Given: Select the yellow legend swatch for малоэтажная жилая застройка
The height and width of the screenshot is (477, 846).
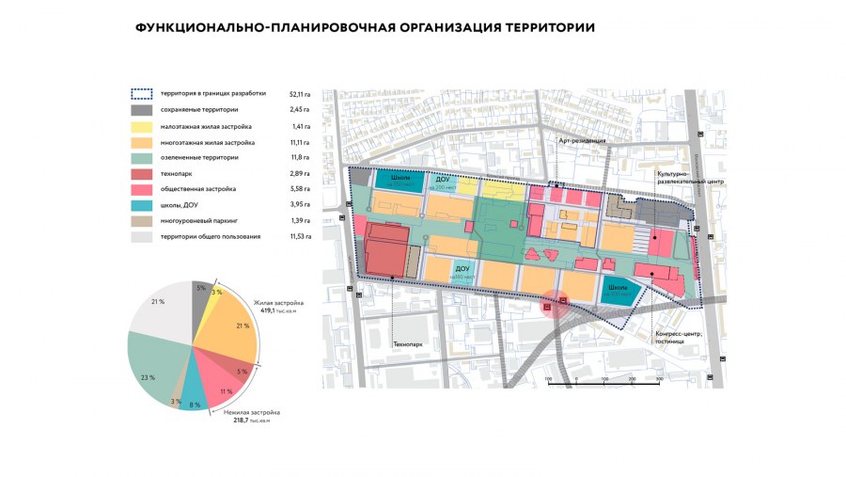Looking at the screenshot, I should click(x=141, y=125).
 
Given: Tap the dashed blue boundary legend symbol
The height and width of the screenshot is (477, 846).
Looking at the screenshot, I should click(x=141, y=93).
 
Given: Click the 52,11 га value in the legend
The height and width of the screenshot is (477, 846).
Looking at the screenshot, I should click(x=301, y=93).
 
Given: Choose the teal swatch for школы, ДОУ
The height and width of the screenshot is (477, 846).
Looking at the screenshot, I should click(x=141, y=205).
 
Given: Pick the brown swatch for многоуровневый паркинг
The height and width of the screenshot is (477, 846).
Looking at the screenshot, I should click(x=141, y=221).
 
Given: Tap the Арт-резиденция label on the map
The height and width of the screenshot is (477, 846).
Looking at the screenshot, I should click(x=581, y=140).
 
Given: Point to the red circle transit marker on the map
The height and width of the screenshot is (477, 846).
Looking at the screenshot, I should click(x=549, y=305).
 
